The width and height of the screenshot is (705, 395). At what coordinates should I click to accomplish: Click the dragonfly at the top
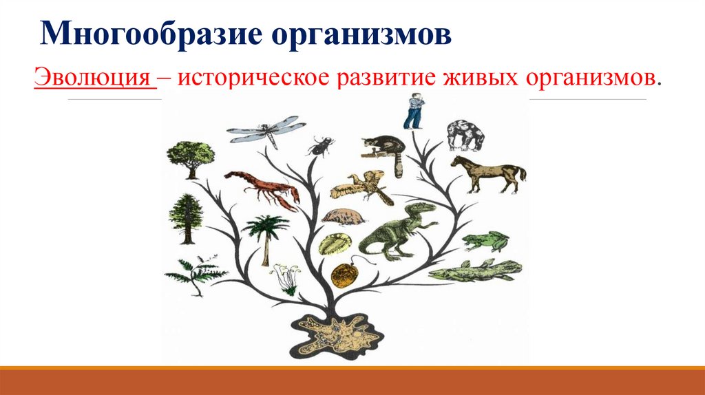pos(266,130)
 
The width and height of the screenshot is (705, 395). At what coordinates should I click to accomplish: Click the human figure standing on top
pos(413,112)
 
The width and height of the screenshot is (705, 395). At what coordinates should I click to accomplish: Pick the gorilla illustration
pos(465,135)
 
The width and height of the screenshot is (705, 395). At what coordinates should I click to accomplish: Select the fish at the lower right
pos(475,270)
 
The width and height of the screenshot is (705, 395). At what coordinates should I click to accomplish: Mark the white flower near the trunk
pos(284,276)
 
